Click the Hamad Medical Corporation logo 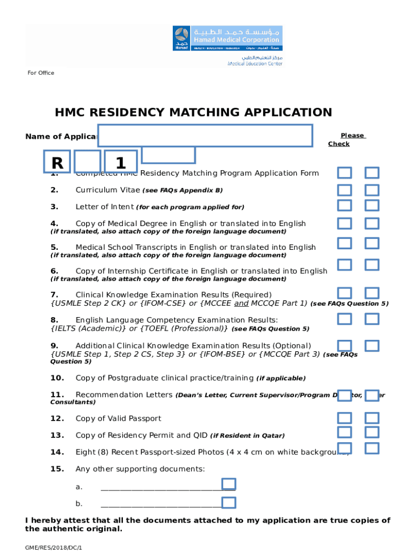tap(227, 39)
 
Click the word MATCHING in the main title tap(213, 113)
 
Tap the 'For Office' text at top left tap(41, 73)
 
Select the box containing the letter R tap(57, 163)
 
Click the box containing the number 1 tap(121, 163)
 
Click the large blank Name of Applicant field tap(205, 135)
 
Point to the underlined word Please tap(353, 135)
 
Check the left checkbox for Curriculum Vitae tap(345, 190)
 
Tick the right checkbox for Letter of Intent tap(372, 206)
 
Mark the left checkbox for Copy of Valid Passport tap(345, 418)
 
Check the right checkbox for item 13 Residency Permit tap(372, 432)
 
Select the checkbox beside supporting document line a tap(229, 485)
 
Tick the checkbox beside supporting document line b tap(229, 503)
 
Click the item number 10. tap(57, 378)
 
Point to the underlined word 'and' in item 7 tap(242, 303)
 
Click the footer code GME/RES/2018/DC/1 tap(54, 548)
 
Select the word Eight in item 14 tap(85, 452)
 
